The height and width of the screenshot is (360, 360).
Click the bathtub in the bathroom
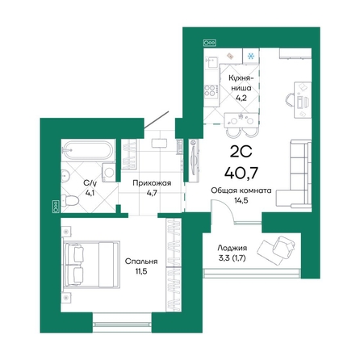(x=89, y=150)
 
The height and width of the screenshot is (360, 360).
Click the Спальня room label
(x=140, y=262)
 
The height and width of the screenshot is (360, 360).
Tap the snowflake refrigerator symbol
(x=251, y=57)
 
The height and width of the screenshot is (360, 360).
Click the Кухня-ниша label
(x=240, y=82)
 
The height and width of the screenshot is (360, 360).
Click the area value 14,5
(x=242, y=200)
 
